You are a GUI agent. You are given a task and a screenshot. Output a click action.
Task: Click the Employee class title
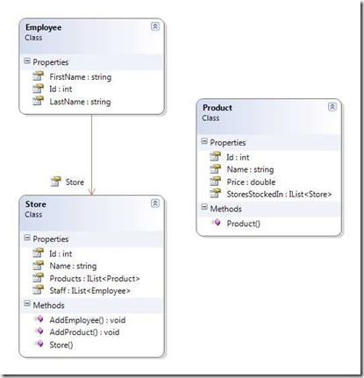coord(43,27)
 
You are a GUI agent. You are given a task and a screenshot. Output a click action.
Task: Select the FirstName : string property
coord(81,77)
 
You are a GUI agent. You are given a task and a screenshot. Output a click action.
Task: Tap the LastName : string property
coord(80,102)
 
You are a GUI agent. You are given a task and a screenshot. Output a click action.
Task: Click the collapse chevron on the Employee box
coord(155,26)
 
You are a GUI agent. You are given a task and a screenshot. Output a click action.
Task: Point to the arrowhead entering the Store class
coord(91,192)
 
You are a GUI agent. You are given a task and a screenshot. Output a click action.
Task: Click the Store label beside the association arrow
coord(75,182)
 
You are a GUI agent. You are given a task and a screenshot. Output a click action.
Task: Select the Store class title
coord(36,204)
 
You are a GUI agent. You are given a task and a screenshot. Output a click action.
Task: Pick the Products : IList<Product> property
coord(95,279)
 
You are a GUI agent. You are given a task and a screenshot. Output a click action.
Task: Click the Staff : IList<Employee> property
coord(89,291)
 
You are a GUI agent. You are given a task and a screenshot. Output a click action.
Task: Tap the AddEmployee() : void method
coord(88,320)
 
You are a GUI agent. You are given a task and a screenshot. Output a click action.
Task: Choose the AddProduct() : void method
coord(84,332)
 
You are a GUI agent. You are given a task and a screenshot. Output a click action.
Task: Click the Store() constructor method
coord(61,345)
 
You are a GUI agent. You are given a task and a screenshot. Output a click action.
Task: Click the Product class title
coord(218,108)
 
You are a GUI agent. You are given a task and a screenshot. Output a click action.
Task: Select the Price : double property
coord(251,182)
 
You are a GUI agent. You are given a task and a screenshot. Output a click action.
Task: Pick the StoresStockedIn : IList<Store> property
coord(279,195)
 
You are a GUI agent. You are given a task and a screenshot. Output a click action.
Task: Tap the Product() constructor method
coord(243,224)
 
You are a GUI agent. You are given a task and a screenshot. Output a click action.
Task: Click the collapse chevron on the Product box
coord(332,107)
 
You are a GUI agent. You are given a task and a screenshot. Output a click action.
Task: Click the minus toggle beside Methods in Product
coord(204,208)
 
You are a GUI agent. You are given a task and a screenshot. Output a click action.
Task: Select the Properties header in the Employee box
coord(51,62)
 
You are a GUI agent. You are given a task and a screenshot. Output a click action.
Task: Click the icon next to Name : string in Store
coord(38,265)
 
